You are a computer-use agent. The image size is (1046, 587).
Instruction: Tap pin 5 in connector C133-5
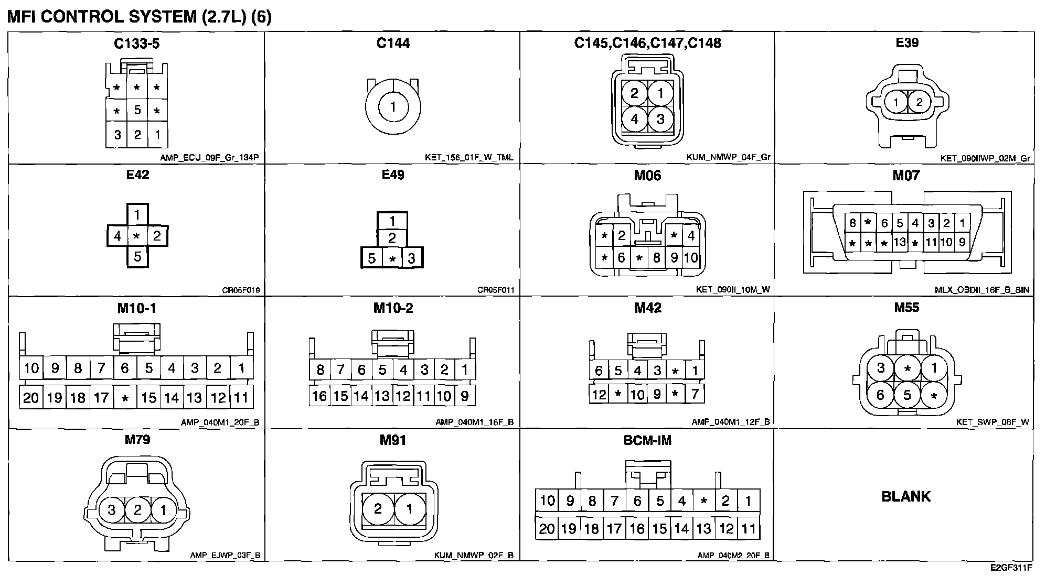137,110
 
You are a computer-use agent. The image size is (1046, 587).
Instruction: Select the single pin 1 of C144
393,107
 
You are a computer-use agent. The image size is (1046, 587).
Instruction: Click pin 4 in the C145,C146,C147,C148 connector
634,119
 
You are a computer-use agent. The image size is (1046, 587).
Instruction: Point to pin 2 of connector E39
919,102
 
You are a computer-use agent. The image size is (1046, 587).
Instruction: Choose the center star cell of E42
137,236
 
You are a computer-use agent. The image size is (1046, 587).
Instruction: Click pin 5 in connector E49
371,258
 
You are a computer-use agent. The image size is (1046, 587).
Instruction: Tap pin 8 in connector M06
656,257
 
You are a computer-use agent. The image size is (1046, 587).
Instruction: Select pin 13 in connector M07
900,242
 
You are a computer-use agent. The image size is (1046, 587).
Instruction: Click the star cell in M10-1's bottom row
125,398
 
